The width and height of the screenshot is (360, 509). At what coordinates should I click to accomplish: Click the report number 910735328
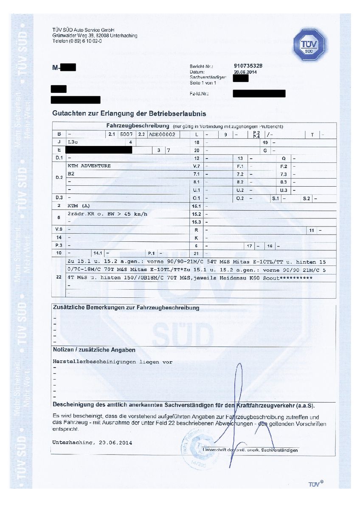[x=248, y=66]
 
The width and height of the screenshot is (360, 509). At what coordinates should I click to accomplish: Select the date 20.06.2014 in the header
[x=246, y=72]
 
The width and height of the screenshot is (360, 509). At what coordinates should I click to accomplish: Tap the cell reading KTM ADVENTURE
[x=89, y=166]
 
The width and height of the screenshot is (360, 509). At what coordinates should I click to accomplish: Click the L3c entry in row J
[x=73, y=143]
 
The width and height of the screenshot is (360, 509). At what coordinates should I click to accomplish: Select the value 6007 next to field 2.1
[x=125, y=134]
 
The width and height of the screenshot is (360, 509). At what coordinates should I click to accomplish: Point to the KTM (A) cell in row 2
[x=79, y=205]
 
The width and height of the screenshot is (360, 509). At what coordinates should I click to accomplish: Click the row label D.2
[x=59, y=177]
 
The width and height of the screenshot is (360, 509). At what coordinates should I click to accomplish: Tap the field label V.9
[x=59, y=229]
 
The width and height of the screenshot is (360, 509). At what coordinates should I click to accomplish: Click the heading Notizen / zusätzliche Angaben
[x=94, y=350]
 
